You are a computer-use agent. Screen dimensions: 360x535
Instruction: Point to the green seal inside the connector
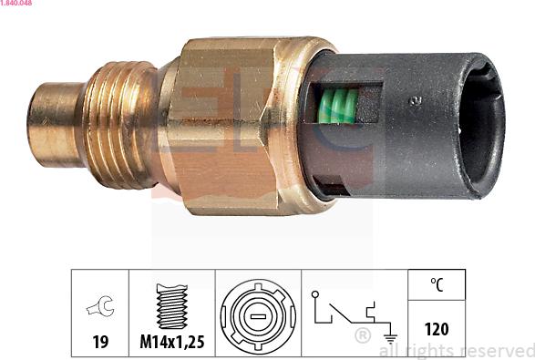point(337,108)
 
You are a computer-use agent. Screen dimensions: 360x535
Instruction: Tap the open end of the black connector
point(483,126)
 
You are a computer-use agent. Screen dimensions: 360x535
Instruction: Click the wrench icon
point(99,308)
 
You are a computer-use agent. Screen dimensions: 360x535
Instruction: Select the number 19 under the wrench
point(99,342)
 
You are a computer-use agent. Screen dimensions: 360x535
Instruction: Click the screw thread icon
point(171,307)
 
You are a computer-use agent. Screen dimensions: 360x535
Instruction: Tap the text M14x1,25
point(171,342)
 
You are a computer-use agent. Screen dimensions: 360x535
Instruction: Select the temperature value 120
point(437,329)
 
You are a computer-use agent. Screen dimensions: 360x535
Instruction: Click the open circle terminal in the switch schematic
point(315,294)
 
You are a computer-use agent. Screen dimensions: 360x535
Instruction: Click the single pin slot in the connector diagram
point(258,315)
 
